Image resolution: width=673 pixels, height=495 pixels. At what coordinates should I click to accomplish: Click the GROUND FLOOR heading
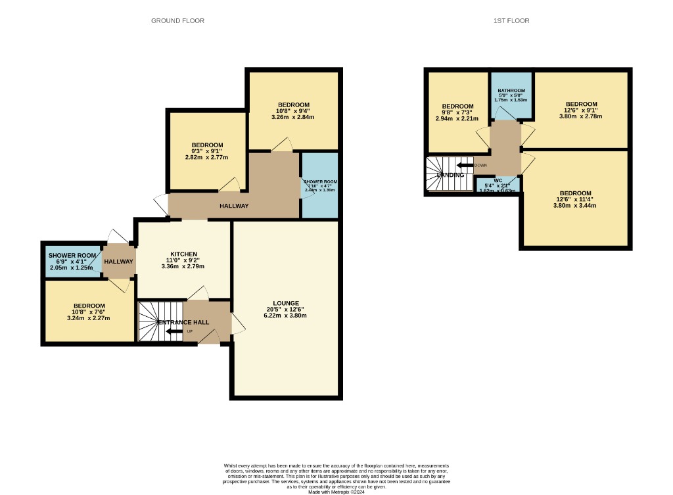pos(177,21)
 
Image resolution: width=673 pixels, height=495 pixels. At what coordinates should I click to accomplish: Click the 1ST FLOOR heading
pos(511,21)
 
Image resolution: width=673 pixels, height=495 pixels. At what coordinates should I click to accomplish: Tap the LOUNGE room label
pos(287,303)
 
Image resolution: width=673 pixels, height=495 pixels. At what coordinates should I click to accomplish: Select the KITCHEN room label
pos(183,254)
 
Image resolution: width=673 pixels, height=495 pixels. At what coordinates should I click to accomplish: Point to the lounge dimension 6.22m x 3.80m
pos(287,316)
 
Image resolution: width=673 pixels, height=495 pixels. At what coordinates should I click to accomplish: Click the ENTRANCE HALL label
pos(183,322)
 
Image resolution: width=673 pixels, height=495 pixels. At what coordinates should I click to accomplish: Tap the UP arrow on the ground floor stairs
pos(175,331)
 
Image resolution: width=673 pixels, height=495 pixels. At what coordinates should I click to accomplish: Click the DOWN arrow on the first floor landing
pos(465,165)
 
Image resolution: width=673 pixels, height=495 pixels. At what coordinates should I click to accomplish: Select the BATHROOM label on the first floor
pos(511,91)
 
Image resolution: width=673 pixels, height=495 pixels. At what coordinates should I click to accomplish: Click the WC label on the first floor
pos(498,180)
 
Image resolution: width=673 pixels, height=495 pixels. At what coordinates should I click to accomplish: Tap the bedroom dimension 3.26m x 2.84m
pos(293,118)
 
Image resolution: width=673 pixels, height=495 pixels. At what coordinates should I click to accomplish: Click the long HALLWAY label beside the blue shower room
pos(233,206)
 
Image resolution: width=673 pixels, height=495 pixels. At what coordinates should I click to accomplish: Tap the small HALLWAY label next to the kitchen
pos(118,262)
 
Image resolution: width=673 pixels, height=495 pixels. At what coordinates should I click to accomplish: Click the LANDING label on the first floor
pos(450,175)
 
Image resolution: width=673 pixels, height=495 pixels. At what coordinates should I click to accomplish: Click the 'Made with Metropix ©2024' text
pos(336,491)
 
